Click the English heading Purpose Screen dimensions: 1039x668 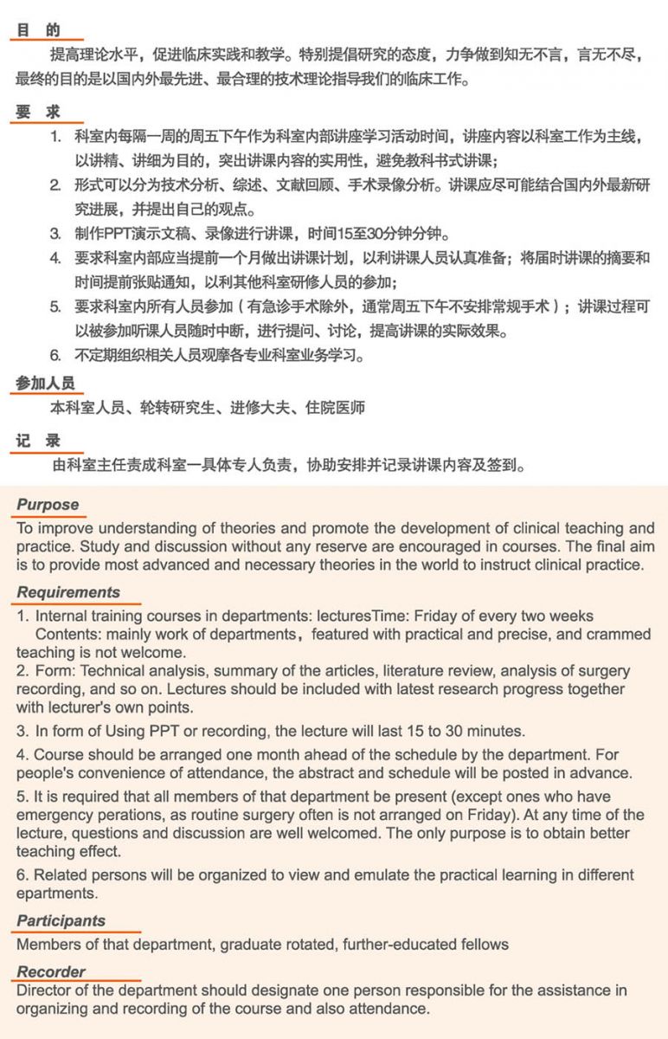click(x=48, y=505)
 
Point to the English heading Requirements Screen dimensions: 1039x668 click(x=68, y=593)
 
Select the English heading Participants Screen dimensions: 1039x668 click(x=61, y=920)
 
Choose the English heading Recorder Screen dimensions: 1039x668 click(x=51, y=971)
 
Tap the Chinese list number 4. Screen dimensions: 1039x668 click(x=55, y=259)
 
